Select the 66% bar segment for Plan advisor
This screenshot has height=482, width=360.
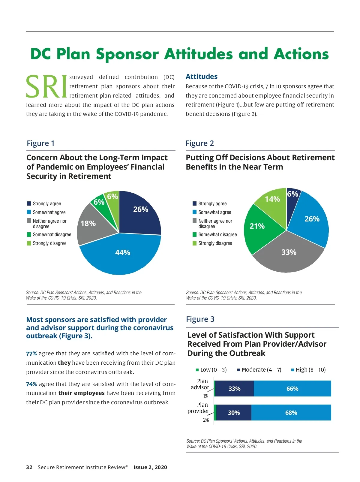292,389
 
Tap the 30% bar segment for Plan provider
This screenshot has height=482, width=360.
234,413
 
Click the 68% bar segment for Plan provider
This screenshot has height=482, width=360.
291,413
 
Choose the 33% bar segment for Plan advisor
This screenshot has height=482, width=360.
234,389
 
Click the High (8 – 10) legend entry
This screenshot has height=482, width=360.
308,370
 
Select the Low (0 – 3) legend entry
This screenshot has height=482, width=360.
211,370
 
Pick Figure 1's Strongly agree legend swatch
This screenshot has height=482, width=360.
29,203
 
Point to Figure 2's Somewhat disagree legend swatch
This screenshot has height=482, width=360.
194,234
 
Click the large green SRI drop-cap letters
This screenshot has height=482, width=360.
46,87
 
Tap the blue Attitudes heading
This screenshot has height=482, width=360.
201,77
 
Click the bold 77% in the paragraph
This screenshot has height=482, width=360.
31,354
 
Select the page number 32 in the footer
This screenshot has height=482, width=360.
29,467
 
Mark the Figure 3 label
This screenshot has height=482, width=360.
200,319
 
